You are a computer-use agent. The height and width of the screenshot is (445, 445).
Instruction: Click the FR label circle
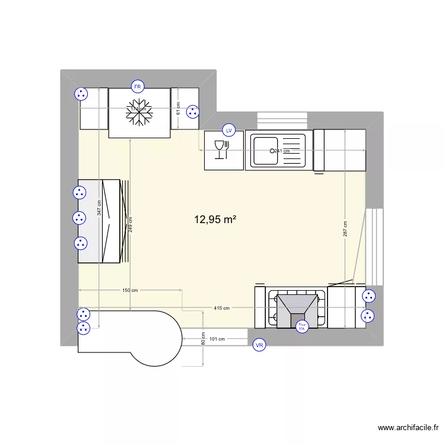click(x=138, y=87)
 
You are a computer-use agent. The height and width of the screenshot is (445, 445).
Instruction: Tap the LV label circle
click(x=229, y=130)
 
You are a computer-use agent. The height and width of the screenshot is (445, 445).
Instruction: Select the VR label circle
click(x=259, y=345)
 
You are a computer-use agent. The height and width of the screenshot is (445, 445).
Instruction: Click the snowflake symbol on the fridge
click(x=139, y=112)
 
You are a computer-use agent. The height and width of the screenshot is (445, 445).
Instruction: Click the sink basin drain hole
click(x=274, y=151)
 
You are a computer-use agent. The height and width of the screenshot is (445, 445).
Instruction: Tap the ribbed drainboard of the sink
click(x=292, y=151)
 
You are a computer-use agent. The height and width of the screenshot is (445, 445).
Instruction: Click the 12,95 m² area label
click(x=215, y=220)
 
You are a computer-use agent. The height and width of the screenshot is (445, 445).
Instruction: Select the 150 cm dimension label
click(x=130, y=290)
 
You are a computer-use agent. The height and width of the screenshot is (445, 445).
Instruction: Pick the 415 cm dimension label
click(x=221, y=308)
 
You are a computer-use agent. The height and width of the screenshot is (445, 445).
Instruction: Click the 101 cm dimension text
click(x=218, y=339)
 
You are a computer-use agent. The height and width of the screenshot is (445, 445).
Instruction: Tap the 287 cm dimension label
click(x=345, y=229)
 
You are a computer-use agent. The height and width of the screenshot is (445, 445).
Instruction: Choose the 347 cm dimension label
click(x=99, y=207)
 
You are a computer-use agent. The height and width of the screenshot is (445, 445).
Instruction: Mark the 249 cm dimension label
click(x=130, y=224)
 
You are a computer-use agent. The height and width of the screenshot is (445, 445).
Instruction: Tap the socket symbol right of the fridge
click(x=192, y=111)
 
